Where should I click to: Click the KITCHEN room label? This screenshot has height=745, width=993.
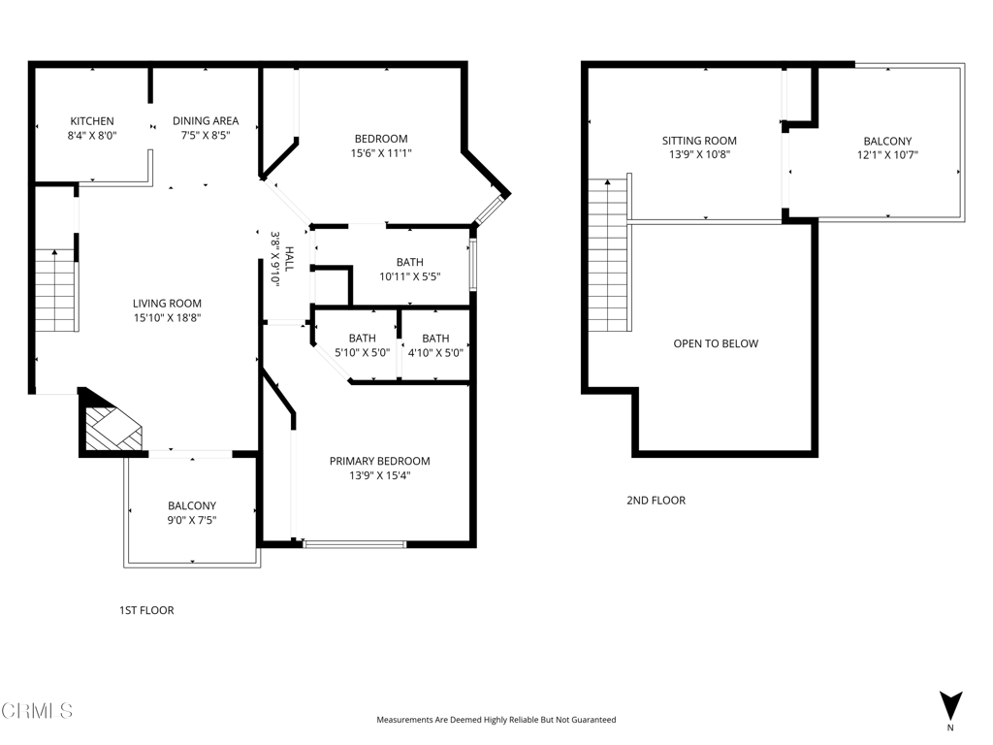tap(92, 121)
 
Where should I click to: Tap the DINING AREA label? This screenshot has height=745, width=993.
tap(206, 120)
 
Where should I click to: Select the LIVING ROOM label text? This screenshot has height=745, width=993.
tap(167, 304)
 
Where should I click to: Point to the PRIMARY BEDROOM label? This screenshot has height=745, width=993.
tap(380, 461)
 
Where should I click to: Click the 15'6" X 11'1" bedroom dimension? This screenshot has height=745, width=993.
tap(381, 152)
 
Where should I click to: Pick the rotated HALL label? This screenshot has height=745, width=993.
tap(289, 259)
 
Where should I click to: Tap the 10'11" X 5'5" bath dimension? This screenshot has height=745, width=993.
tap(410, 276)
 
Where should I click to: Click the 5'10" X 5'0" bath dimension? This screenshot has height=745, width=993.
tap(363, 353)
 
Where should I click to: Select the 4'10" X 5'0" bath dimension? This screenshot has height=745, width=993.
tap(435, 353)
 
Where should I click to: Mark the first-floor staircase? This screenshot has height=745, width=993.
tap(56, 291)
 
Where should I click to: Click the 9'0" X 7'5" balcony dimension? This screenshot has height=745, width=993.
tap(192, 520)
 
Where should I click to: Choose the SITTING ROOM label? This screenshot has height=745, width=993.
tap(700, 141)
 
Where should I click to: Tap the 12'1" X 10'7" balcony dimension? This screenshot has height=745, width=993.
tap(888, 154)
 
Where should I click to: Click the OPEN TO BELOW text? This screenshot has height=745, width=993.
tap(716, 343)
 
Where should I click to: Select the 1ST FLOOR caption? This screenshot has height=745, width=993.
tap(147, 610)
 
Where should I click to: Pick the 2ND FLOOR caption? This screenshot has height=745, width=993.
tap(657, 500)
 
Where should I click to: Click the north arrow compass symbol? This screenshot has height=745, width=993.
tap(950, 706)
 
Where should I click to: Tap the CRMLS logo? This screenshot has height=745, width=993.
tap(37, 710)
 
